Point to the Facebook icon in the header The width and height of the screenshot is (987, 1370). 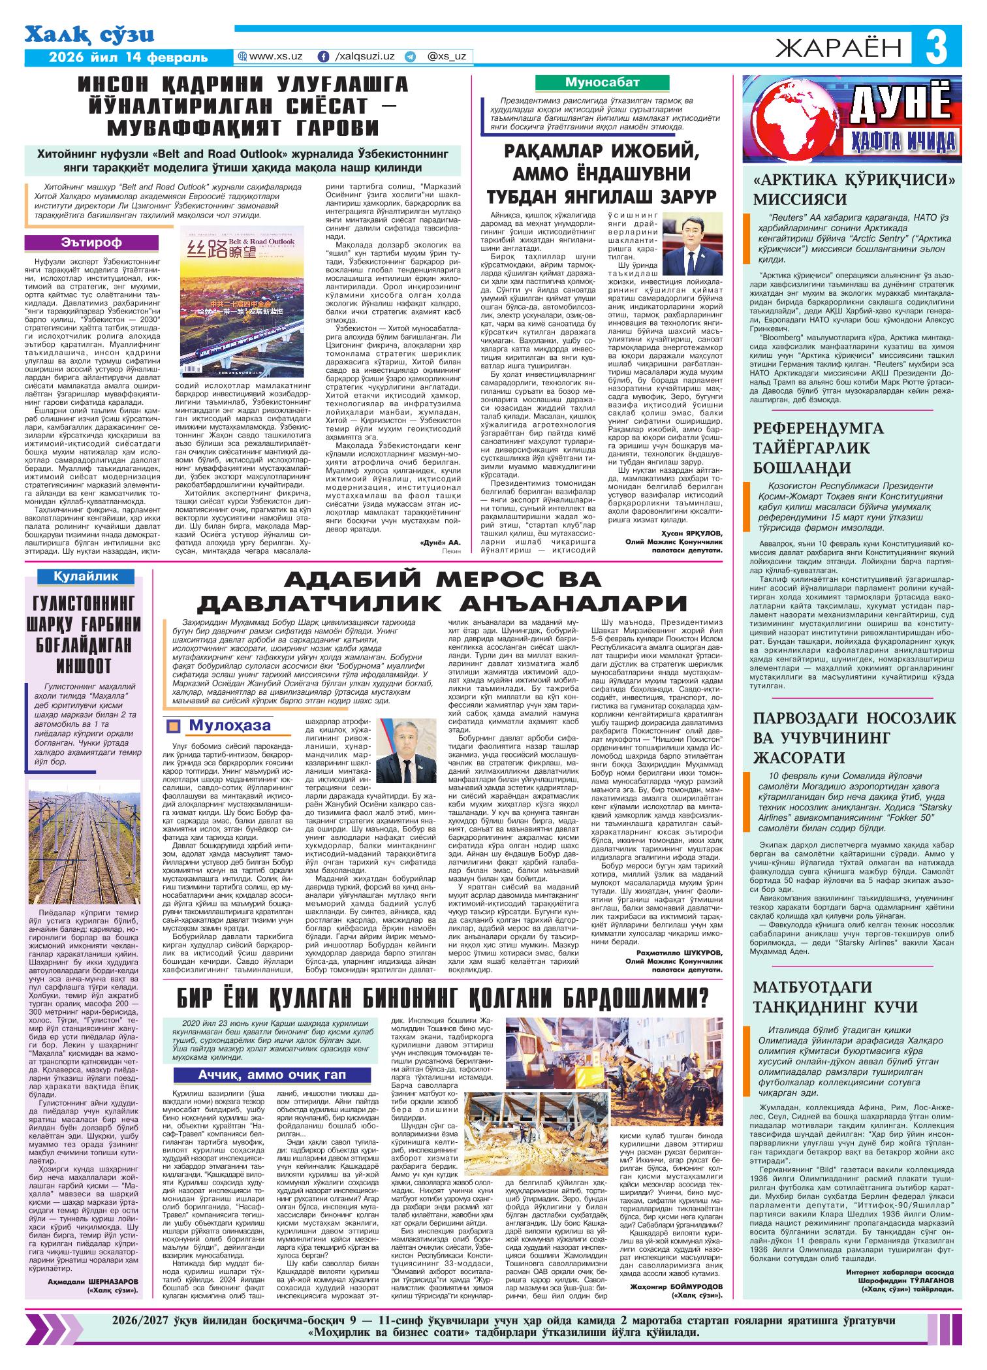(x=323, y=57)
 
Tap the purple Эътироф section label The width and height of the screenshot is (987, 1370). (x=91, y=242)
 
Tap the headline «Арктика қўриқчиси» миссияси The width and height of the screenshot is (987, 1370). (x=854, y=189)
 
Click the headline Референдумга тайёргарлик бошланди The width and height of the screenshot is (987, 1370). (x=819, y=448)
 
